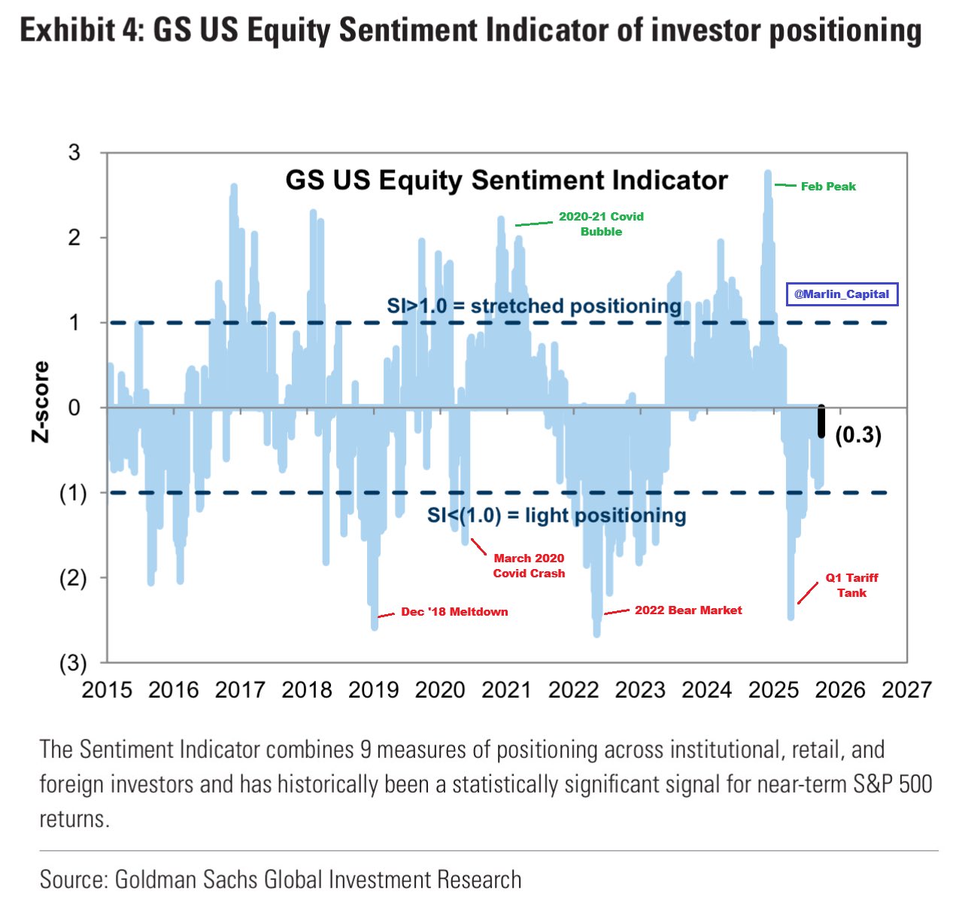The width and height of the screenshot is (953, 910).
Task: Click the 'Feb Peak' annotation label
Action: [x=827, y=187]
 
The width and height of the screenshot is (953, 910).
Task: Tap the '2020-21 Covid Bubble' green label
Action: [x=600, y=224]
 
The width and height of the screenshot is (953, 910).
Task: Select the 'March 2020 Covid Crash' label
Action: [x=529, y=566]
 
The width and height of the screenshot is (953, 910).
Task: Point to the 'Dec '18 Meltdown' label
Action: [x=454, y=612]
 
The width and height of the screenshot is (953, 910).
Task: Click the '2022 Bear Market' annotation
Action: [x=687, y=610]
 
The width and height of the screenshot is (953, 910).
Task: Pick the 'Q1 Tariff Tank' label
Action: [x=851, y=586]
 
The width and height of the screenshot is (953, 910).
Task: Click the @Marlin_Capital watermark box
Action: [x=842, y=294]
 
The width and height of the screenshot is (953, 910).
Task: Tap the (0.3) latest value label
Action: [x=857, y=435]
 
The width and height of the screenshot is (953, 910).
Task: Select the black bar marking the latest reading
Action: [x=821, y=422]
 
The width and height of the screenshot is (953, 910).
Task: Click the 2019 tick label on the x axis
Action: [x=374, y=690]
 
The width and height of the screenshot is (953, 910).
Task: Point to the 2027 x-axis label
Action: [x=906, y=690]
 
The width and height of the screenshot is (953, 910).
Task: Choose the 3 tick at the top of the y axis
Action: [x=74, y=153]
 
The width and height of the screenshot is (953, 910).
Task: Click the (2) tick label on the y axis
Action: [x=73, y=578]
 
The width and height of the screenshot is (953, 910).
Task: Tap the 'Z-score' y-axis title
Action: [x=41, y=401]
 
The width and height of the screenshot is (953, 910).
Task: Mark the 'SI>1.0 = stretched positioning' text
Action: [x=534, y=306]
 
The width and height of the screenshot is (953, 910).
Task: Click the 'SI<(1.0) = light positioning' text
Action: [x=557, y=516]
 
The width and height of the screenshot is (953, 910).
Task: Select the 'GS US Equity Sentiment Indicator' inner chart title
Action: [x=506, y=181]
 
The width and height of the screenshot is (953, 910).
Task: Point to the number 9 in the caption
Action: [x=366, y=750]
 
